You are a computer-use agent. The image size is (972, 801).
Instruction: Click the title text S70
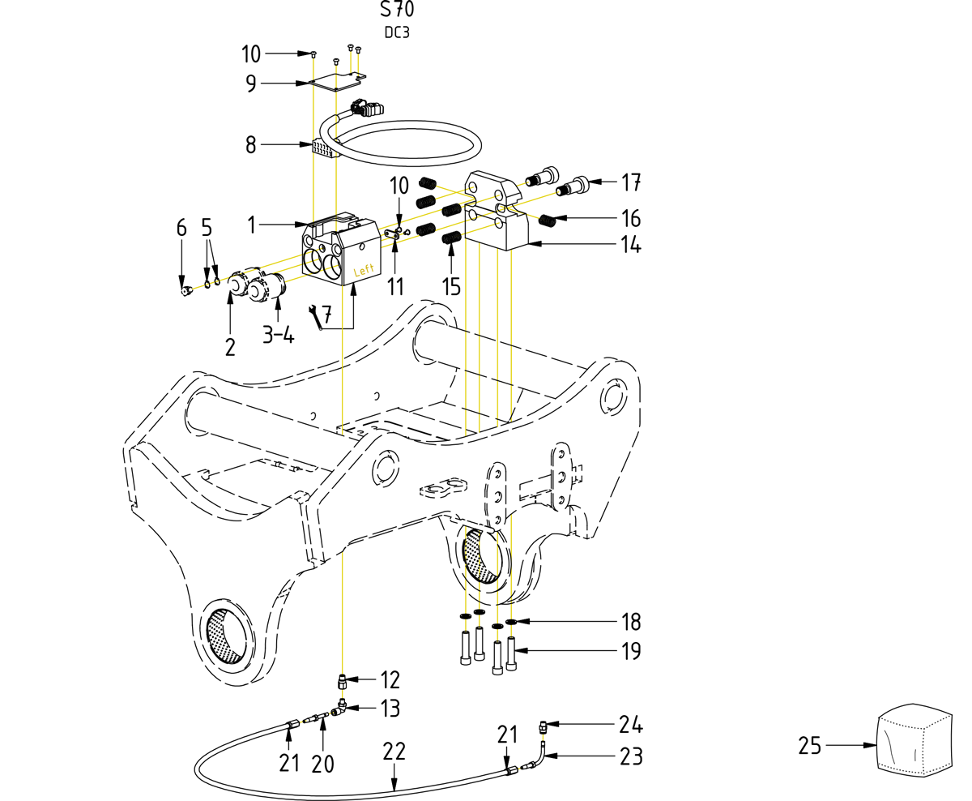[397, 10]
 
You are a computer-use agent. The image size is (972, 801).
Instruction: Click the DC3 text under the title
[397, 33]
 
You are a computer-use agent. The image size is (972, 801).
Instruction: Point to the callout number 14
[625, 244]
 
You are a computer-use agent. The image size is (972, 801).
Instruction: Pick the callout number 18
[630, 623]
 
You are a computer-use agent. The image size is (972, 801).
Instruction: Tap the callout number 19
[630, 650]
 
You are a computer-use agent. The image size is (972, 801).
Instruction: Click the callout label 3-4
[278, 334]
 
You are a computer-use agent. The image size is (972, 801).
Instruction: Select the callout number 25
[810, 745]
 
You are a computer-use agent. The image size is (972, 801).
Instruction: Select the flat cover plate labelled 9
[338, 82]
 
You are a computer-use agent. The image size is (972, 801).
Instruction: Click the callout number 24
[630, 724]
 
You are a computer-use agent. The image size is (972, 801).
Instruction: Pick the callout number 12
[390, 679]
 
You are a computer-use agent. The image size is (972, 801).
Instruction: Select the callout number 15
[451, 285]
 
